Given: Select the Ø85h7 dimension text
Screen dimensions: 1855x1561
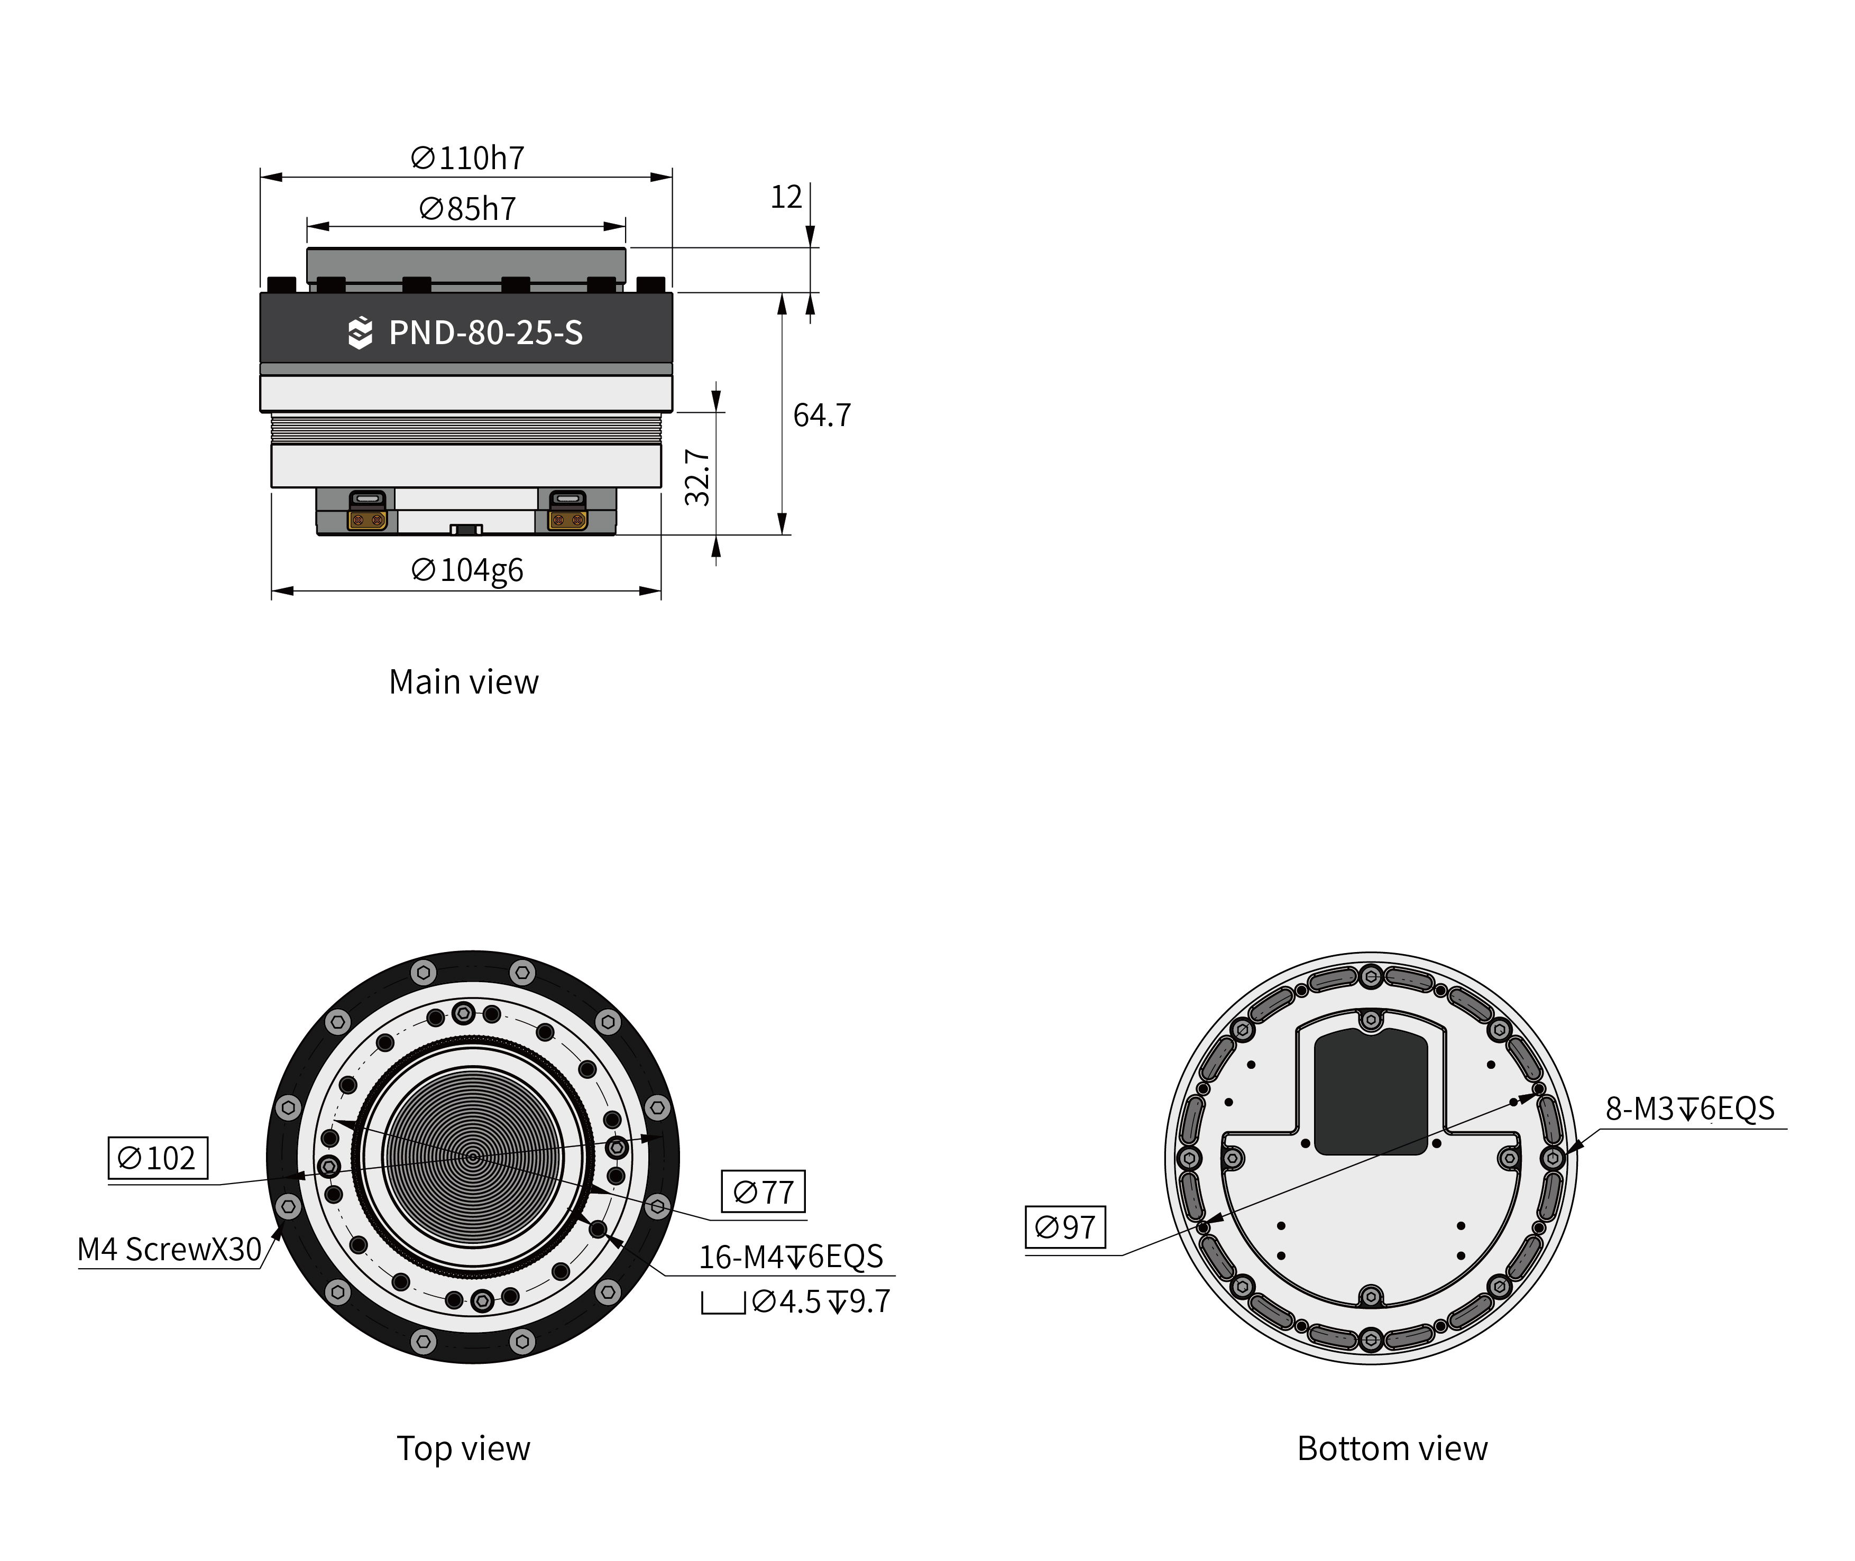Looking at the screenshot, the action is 467,209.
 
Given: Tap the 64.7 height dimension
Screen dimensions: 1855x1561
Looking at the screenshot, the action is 821,415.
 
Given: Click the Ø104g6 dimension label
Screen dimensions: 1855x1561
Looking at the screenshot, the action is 467,570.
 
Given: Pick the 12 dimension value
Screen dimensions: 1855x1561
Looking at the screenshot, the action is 786,197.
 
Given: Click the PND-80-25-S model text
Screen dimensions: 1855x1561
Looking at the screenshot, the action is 486,332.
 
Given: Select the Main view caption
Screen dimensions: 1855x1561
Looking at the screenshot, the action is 464,681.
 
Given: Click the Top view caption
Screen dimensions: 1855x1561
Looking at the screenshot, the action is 464,1448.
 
